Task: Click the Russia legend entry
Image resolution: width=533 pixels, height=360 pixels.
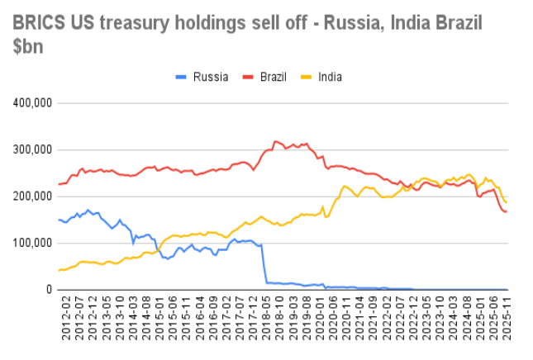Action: point(202,77)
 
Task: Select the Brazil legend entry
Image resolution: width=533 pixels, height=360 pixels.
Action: point(264,77)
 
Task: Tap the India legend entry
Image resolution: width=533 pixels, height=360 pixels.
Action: point(321,77)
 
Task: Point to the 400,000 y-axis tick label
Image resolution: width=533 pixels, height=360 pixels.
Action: point(32,102)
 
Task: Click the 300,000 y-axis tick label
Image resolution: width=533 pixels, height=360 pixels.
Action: point(32,149)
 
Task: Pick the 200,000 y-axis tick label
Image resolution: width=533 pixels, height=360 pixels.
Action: point(32,197)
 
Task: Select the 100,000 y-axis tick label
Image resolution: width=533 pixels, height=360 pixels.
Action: point(32,244)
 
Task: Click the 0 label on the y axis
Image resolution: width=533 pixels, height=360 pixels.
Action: point(50,290)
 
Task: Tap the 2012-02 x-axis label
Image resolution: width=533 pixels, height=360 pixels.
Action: point(65,318)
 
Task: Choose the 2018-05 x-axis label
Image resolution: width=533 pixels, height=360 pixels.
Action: point(266,318)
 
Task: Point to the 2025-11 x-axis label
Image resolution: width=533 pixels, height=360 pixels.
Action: point(507,318)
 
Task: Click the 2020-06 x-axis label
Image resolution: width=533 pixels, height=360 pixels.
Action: point(333,318)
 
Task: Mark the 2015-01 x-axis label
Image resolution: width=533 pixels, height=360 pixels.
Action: point(159,318)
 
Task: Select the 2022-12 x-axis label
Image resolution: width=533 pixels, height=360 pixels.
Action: point(413,318)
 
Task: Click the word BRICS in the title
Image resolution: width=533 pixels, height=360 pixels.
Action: point(39,23)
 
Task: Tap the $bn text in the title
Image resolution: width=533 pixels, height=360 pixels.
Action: point(28,46)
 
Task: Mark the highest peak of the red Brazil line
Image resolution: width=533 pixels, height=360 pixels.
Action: point(275,141)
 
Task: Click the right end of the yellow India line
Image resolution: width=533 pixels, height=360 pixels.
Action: point(507,203)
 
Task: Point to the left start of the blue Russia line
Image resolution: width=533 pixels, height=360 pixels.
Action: point(59,220)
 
